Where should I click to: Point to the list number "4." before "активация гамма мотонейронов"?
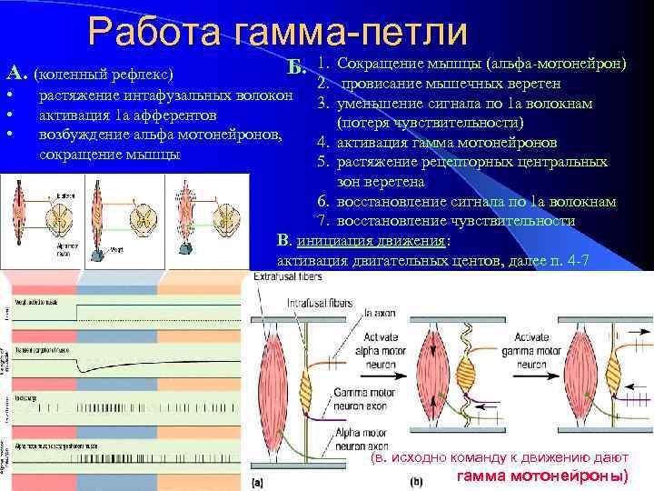tap(322, 143)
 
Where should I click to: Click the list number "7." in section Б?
tap(322, 221)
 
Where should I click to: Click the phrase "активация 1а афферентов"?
tap(128, 115)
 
